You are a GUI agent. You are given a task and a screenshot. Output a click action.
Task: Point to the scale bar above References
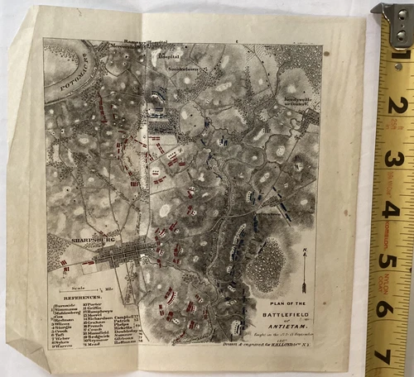pos(83,282)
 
